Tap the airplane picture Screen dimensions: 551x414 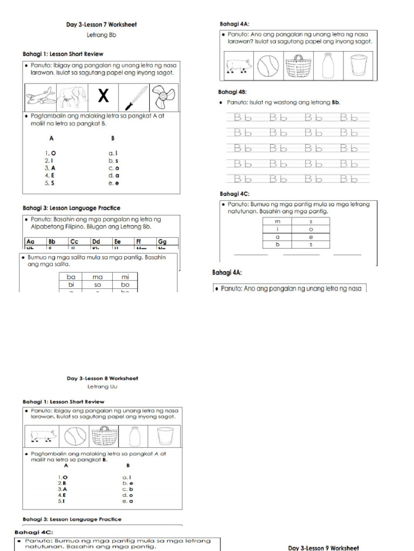(x=41, y=97)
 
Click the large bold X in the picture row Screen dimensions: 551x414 (x=103, y=97)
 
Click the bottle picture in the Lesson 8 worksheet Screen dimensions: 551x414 (x=134, y=436)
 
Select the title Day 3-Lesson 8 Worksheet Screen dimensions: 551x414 (x=102, y=378)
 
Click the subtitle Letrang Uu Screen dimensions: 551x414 (x=102, y=386)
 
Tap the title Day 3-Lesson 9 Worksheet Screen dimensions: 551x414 (x=323, y=548)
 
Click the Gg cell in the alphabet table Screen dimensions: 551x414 (x=167, y=242)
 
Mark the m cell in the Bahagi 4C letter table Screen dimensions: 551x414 (x=278, y=221)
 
